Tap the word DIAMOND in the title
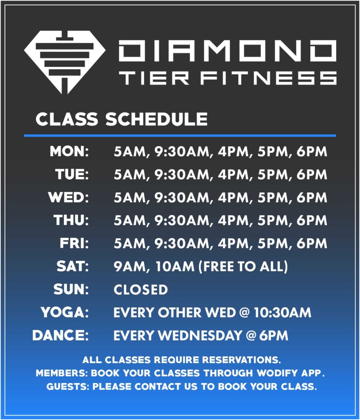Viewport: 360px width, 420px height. pyautogui.click(x=228, y=51)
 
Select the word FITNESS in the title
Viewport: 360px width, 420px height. pyautogui.click(x=269, y=78)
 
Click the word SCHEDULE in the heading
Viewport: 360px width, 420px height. pyautogui.click(x=157, y=119)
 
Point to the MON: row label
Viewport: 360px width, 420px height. pyautogui.click(x=69, y=151)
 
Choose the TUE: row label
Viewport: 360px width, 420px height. pyautogui.click(x=72, y=174)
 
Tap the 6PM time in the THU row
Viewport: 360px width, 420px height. pyautogui.click(x=312, y=220)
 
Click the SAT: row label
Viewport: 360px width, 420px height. pyautogui.click(x=73, y=267)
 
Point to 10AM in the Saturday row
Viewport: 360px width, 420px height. pyautogui.click(x=175, y=267)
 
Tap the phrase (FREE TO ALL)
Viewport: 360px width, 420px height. pyautogui.click(x=243, y=267)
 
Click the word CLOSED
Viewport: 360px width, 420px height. pyautogui.click(x=141, y=290)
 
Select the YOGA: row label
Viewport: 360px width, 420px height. pyautogui.click(x=64, y=313)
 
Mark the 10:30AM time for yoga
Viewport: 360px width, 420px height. pyautogui.click(x=283, y=313)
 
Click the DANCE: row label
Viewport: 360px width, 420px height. pyautogui.click(x=61, y=336)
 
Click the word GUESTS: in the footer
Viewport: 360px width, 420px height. pyautogui.click(x=68, y=386)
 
